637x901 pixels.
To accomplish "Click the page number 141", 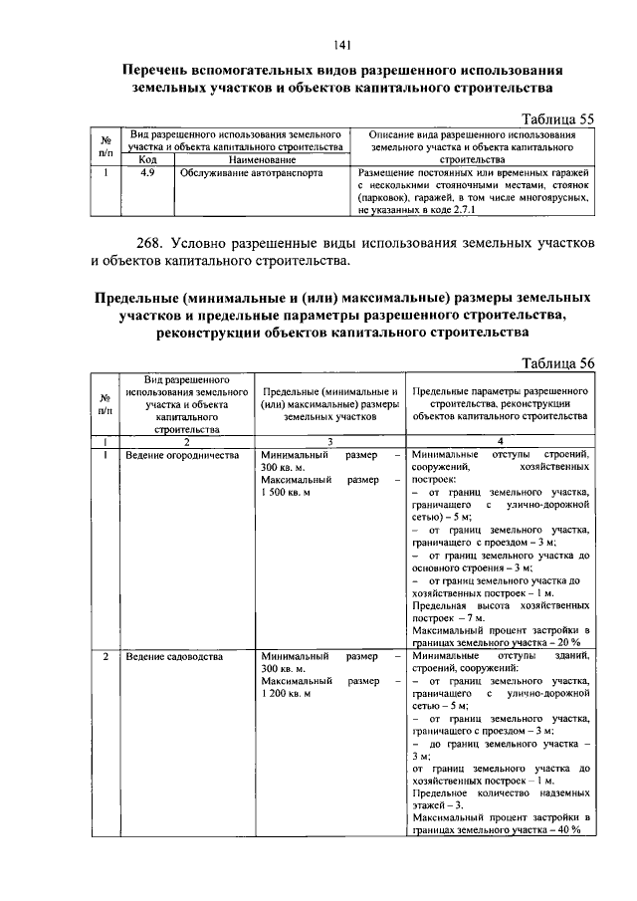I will coord(339,43).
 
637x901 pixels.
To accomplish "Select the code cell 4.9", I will coord(147,171).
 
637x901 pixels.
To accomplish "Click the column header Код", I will coord(147,158).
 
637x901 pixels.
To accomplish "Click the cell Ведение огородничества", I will coord(182,455).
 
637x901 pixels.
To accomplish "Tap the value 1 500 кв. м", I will coord(287,492).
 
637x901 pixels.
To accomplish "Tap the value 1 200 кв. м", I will coord(287,694).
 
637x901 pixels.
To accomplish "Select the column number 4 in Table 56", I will coord(501,442).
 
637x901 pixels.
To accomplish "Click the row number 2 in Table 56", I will coord(106,658).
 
